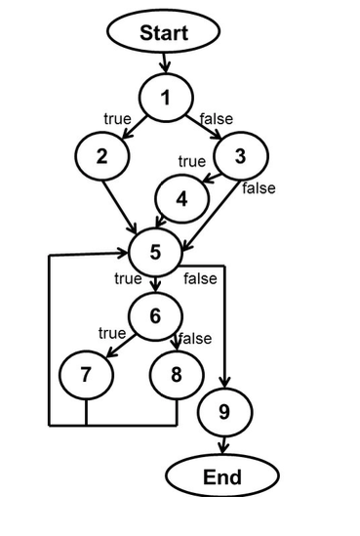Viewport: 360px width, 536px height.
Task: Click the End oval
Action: pos(221,477)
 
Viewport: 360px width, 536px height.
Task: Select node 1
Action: pos(165,97)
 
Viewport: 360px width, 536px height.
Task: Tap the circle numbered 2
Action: pos(100,157)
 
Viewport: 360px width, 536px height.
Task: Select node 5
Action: pos(155,252)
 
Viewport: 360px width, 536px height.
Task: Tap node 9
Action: pos(223,413)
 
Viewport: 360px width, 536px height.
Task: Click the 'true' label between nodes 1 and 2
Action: pos(117,118)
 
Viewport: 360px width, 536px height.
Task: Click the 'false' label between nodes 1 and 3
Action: pos(216,118)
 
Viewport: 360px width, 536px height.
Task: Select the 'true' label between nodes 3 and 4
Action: pos(191,161)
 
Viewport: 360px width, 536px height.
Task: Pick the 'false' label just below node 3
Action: pos(259,187)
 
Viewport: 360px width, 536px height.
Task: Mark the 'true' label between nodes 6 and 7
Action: pos(112,333)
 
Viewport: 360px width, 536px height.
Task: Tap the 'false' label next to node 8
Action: pos(195,339)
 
